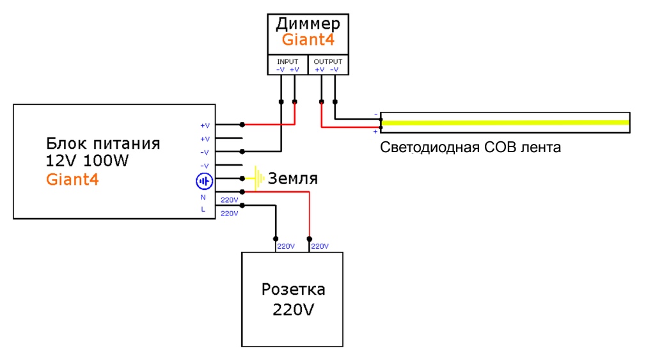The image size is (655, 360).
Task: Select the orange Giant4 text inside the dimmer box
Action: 308,41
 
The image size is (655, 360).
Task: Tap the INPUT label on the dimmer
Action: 287,61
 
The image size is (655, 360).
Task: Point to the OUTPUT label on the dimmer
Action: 327,61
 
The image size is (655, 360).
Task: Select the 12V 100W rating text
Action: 87,160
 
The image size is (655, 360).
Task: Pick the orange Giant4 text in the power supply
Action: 72,179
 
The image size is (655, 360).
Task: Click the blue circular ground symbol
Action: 203,182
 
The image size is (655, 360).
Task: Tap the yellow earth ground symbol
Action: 258,178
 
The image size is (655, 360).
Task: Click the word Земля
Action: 292,178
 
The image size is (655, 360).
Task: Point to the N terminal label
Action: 203,198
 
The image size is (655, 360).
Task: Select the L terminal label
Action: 203,210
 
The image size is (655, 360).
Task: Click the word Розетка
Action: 293,290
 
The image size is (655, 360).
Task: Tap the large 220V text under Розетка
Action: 293,311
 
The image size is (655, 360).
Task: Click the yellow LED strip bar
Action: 505,123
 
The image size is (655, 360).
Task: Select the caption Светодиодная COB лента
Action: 470,148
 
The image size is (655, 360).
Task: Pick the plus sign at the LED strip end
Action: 375,132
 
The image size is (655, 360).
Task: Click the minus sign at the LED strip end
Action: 375,114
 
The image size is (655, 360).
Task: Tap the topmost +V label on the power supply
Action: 205,125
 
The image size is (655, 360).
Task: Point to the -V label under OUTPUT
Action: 335,69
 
